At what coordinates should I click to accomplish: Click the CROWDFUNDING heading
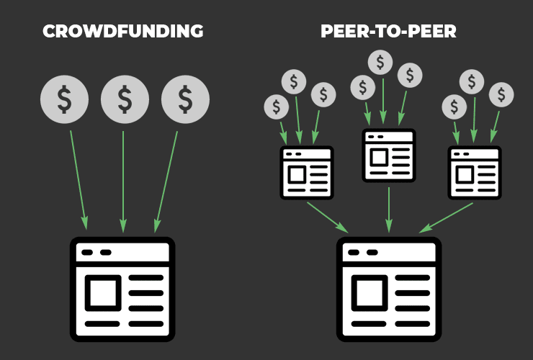pos(123,31)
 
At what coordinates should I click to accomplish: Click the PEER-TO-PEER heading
pos(388,31)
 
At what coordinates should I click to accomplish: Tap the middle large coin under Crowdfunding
pos(125,99)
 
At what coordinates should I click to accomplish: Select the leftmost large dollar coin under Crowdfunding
pos(64,99)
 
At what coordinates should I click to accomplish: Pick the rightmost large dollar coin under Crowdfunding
pos(185,99)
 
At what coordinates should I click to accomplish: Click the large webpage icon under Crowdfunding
pos(122,289)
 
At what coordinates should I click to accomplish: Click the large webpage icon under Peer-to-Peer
pos(389,289)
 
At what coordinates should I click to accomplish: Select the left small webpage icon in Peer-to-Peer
pos(307,173)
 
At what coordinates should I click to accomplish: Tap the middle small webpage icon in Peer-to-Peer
pos(389,156)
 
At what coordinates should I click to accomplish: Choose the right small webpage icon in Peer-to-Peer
pos(475,173)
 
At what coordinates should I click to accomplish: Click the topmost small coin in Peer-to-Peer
pos(380,63)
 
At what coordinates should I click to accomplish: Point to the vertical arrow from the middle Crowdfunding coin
pos(123,182)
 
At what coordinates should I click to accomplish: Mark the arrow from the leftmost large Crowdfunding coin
pos(79,180)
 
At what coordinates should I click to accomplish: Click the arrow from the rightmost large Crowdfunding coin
pos(166,182)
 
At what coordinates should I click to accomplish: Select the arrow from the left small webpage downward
pos(328,217)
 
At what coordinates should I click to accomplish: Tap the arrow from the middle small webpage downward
pos(389,210)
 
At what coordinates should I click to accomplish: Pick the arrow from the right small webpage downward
pos(446,218)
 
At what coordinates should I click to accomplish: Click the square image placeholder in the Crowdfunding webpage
pos(103,293)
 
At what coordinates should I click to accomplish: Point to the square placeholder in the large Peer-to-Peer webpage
pos(369,293)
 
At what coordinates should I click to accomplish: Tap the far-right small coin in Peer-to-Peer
pos(501,95)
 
